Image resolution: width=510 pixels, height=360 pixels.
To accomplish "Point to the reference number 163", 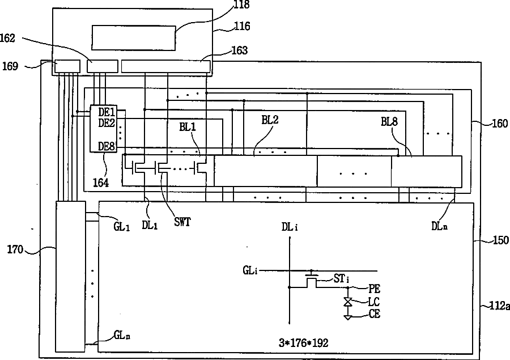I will point(239,51).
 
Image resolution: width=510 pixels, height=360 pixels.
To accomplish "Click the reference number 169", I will point(9,66).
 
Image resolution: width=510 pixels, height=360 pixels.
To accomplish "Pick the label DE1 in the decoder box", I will point(107,112).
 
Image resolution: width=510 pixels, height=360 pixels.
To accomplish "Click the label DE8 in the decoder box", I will point(107,146).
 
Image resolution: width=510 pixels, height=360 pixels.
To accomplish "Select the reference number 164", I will point(101,183).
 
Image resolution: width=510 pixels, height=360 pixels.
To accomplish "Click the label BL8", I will point(391,121).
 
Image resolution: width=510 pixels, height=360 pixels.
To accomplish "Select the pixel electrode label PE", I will point(374,288).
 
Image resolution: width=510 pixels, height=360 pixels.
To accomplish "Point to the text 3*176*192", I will point(303,343).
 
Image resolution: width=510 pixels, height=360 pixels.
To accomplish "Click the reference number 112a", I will point(499,306).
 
